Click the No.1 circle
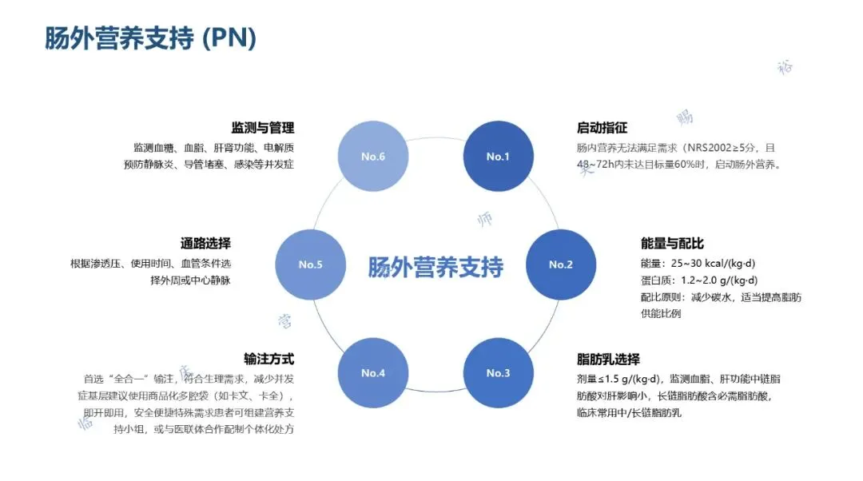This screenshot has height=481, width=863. point(498,156)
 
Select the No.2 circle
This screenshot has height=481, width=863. point(561,264)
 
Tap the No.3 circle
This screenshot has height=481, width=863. point(498,373)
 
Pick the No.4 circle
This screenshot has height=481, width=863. point(373,373)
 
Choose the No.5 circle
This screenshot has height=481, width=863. point(310,264)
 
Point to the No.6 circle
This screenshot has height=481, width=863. point(373,156)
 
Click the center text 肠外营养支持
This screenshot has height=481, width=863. point(435,267)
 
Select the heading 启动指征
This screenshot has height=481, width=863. point(602,128)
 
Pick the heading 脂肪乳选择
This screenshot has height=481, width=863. point(608,360)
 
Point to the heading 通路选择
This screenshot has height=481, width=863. point(205,244)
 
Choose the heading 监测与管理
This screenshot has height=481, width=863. point(262,128)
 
